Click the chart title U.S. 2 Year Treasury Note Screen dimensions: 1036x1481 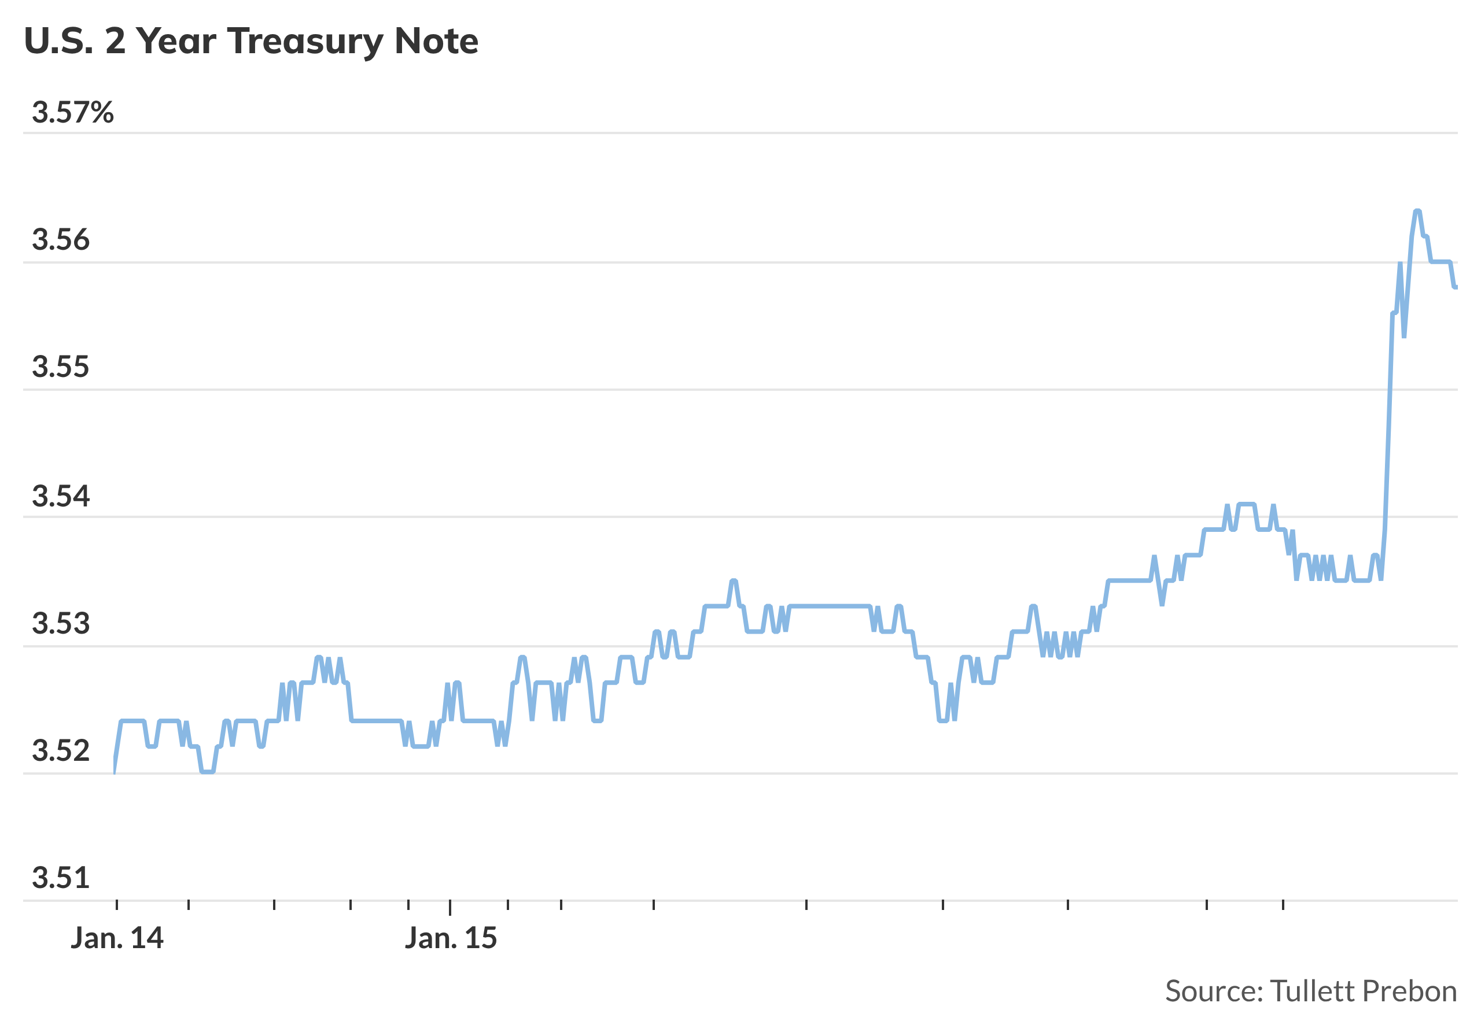tap(251, 41)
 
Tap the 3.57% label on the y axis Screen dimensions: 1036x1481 tap(72, 113)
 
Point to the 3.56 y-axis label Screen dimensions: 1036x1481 tap(61, 240)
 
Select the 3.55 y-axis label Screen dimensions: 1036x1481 tap(61, 367)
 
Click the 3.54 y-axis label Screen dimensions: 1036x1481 tap(61, 497)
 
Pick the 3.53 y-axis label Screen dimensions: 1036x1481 tap(61, 623)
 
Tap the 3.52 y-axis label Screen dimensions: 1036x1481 tap(61, 751)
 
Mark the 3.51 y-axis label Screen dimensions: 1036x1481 tap(61, 878)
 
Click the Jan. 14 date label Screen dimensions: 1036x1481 tap(117, 938)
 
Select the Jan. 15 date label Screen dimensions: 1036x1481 tap(451, 938)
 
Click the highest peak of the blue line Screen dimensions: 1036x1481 tap(1417, 212)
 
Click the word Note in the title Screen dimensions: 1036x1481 tap(436, 41)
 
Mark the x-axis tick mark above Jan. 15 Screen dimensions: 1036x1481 tap(450, 907)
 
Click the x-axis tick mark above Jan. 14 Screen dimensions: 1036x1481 tap(117, 905)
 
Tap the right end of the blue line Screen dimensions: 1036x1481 tap(1456, 287)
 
